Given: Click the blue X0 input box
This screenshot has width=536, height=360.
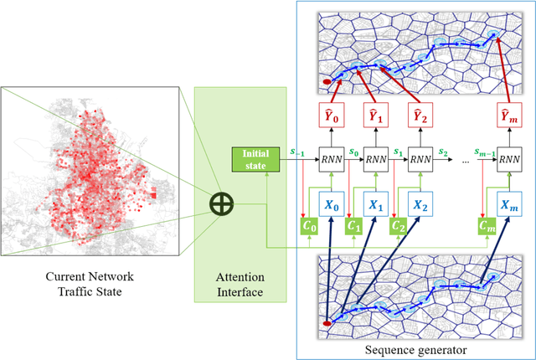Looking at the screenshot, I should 332,203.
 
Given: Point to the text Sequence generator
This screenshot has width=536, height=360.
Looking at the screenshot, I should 415,348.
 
